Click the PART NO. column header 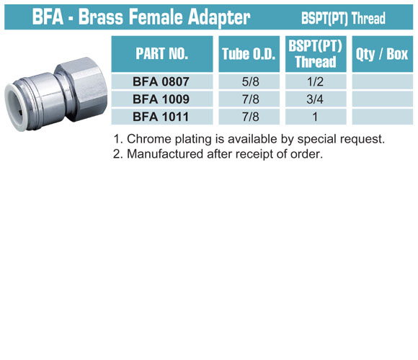(162, 54)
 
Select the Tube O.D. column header (249, 54)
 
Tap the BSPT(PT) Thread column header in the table (316, 54)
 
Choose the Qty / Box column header (382, 54)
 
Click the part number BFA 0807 (161, 81)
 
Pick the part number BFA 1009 (161, 99)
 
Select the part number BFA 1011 (161, 117)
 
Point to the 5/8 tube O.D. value (250, 81)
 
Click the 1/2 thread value (315, 81)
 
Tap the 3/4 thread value (315, 99)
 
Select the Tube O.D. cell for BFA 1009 (250, 99)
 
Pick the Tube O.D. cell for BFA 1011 (250, 117)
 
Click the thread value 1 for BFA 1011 (315, 117)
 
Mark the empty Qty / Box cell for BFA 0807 (382, 81)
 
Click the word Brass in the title (101, 17)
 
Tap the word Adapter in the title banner (219, 17)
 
